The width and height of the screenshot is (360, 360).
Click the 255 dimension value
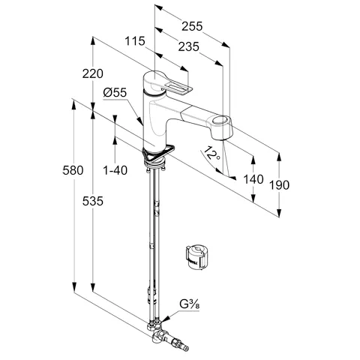tap(192, 26)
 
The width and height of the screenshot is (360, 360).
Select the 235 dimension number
tap(188, 46)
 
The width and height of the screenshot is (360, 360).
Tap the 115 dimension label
tap(135, 41)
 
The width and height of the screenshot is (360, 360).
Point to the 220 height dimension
tap(93, 73)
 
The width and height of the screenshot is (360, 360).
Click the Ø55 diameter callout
tap(115, 92)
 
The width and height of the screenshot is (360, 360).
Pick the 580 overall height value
tap(73, 170)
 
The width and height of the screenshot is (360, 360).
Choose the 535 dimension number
tap(93, 201)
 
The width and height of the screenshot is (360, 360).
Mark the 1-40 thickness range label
tap(115, 170)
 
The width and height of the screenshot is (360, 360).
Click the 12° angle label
tap(211, 154)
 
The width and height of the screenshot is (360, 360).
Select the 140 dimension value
tap(253, 179)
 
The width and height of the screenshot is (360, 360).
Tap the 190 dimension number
tap(279, 185)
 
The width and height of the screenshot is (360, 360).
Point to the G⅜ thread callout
tap(190, 304)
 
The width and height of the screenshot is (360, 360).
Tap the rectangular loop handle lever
tap(178, 88)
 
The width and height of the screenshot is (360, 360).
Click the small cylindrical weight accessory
tap(197, 257)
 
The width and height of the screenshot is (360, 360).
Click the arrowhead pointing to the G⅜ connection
tap(166, 318)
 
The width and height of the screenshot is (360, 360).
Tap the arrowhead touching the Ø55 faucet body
tap(140, 121)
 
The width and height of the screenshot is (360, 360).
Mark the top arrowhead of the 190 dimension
tap(279, 157)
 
